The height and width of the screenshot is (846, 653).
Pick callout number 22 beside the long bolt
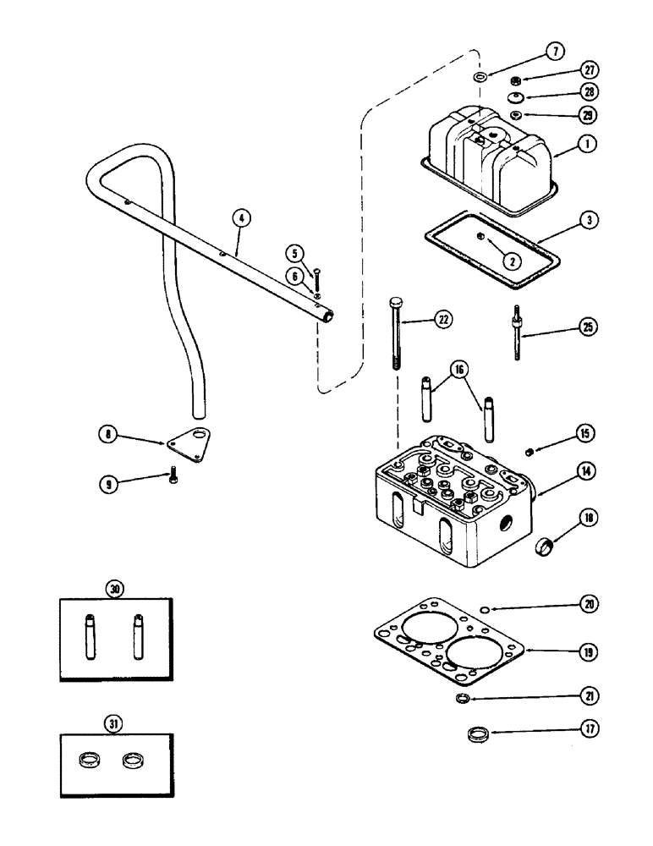tap(445, 319)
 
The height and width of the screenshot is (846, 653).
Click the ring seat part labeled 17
tap(479, 733)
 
